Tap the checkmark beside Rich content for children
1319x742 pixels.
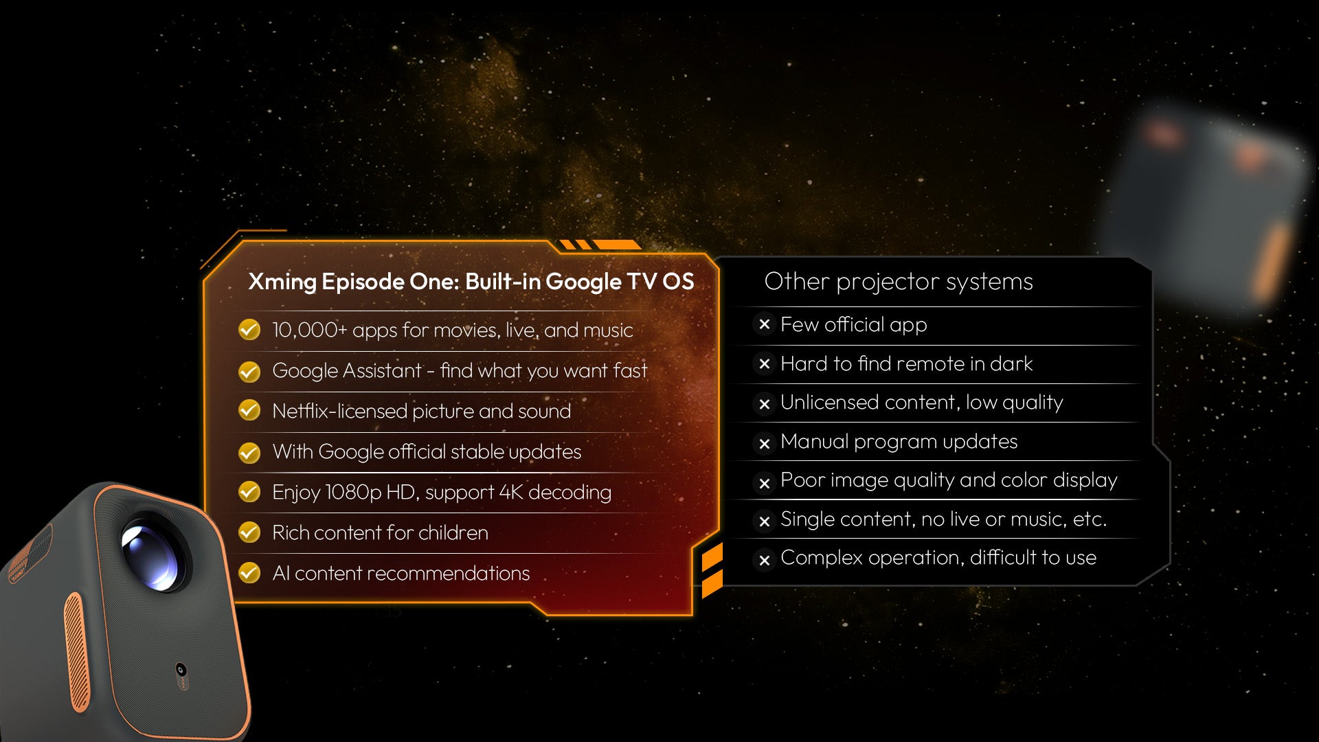pos(249,532)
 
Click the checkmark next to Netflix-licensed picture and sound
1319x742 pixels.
pos(249,411)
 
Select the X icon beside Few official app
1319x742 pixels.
pos(764,324)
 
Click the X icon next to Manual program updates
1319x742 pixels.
pos(764,443)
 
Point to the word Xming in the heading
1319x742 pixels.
pos(282,282)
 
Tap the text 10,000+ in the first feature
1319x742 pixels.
pos(310,330)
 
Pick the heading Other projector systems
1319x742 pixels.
pos(899,282)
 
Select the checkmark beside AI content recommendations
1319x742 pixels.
pos(249,573)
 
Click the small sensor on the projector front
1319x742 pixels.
pos(181,670)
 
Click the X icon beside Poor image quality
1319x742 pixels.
pos(764,483)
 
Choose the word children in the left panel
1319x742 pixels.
pos(453,532)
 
